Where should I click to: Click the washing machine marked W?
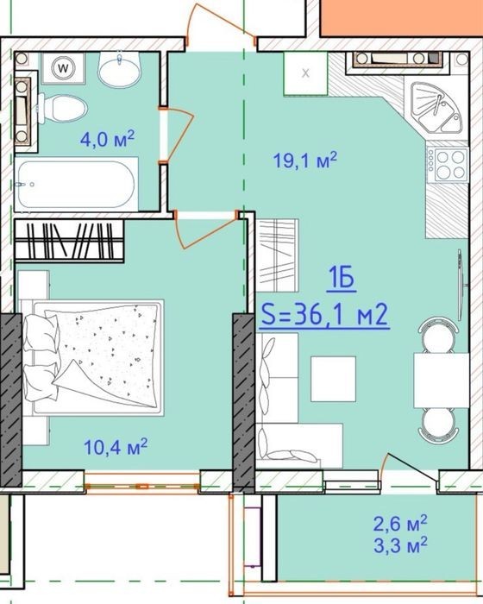pyautogui.click(x=63, y=68)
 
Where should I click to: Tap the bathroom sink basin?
pyautogui.click(x=119, y=69)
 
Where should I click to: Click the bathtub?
pyautogui.click(x=76, y=184)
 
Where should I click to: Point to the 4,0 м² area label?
pyautogui.click(x=108, y=139)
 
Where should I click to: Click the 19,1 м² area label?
pyautogui.click(x=305, y=160)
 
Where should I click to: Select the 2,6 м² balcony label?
pyautogui.click(x=400, y=523)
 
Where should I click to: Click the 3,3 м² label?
pyautogui.click(x=400, y=544)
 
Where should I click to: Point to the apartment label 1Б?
pyautogui.click(x=342, y=279)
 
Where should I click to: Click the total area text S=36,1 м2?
pyautogui.click(x=324, y=316)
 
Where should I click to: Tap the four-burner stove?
pyautogui.click(x=448, y=165)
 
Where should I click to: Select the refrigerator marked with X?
pyautogui.click(x=306, y=73)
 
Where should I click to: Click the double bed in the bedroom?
pyautogui.click(x=92, y=357)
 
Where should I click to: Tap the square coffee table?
pyautogui.click(x=334, y=379)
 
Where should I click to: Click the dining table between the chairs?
pyautogui.click(x=441, y=381)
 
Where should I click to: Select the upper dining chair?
pyautogui.click(x=437, y=335)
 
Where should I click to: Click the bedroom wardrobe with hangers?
pyautogui.click(x=69, y=241)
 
